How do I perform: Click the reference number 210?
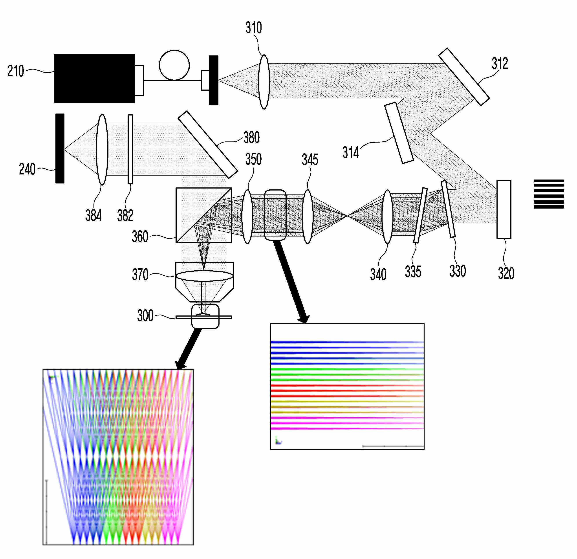click(x=16, y=71)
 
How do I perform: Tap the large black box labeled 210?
click(x=94, y=78)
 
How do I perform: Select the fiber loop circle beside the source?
click(x=174, y=65)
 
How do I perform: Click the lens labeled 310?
click(x=264, y=82)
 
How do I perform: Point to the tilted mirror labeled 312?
click(x=464, y=77)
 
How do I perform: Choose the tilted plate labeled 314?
click(x=399, y=132)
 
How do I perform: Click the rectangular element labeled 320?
click(x=504, y=209)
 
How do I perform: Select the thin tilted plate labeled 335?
click(x=420, y=215)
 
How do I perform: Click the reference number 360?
click(x=140, y=236)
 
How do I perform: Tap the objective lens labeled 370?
click(x=204, y=276)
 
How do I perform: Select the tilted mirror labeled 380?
click(x=207, y=145)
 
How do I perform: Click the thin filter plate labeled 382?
click(x=130, y=149)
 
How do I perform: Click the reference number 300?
click(x=145, y=316)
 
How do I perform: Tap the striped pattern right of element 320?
click(x=548, y=194)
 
